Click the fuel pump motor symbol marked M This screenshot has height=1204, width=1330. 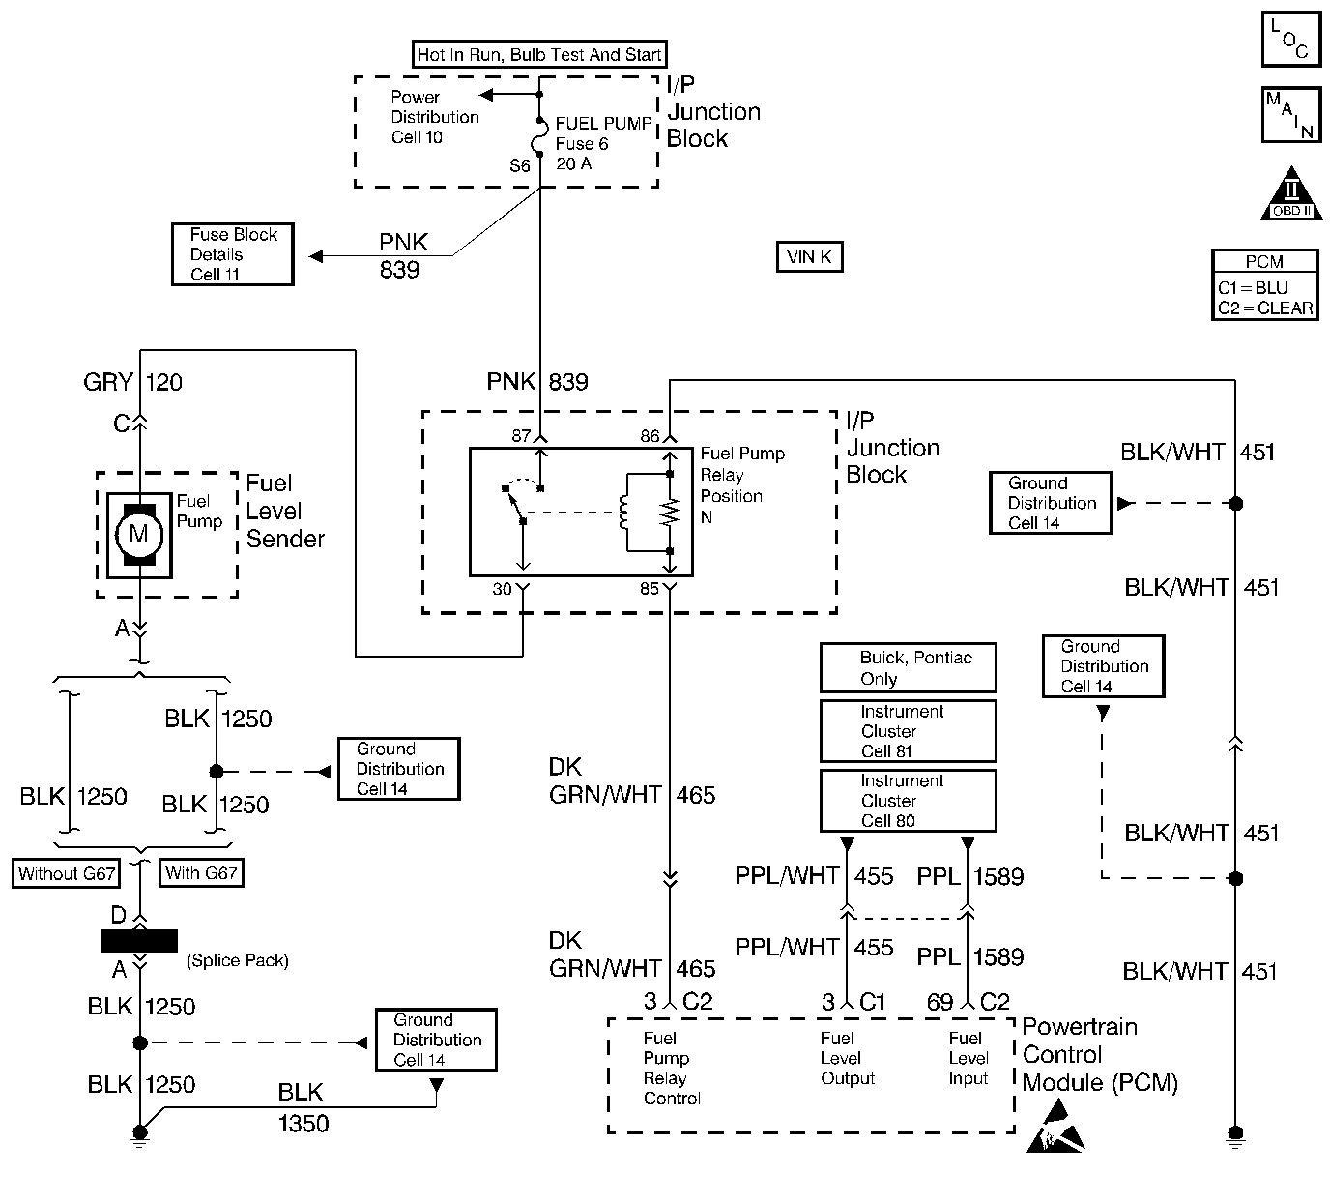[139, 534]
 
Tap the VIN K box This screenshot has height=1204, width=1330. [810, 257]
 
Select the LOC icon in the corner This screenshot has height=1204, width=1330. [1290, 40]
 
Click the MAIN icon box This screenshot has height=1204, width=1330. [1290, 115]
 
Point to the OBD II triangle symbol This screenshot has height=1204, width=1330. [1291, 195]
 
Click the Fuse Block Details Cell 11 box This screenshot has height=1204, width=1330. [233, 254]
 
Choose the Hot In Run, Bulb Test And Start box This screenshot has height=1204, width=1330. [539, 55]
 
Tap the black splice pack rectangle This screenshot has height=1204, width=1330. [139, 941]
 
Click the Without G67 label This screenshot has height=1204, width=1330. [67, 873]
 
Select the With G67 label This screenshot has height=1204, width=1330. [201, 873]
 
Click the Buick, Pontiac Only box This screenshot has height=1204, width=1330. [908, 668]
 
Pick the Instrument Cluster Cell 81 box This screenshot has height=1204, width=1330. [908, 731]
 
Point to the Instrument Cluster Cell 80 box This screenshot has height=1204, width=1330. [908, 801]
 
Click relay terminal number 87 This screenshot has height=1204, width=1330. [521, 436]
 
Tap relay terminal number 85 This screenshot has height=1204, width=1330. [649, 588]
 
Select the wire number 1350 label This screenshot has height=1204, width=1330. [304, 1124]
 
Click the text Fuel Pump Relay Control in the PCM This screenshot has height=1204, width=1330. [671, 1069]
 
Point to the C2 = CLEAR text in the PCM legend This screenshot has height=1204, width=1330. [1265, 308]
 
